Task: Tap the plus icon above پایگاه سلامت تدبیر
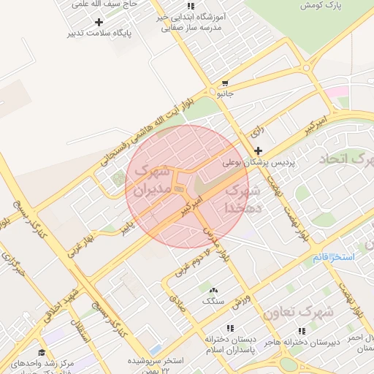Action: [99, 22]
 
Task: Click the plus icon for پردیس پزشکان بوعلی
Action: [258, 150]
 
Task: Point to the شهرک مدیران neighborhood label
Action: [150, 183]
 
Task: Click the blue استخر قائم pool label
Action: [332, 259]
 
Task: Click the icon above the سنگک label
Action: [213, 290]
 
